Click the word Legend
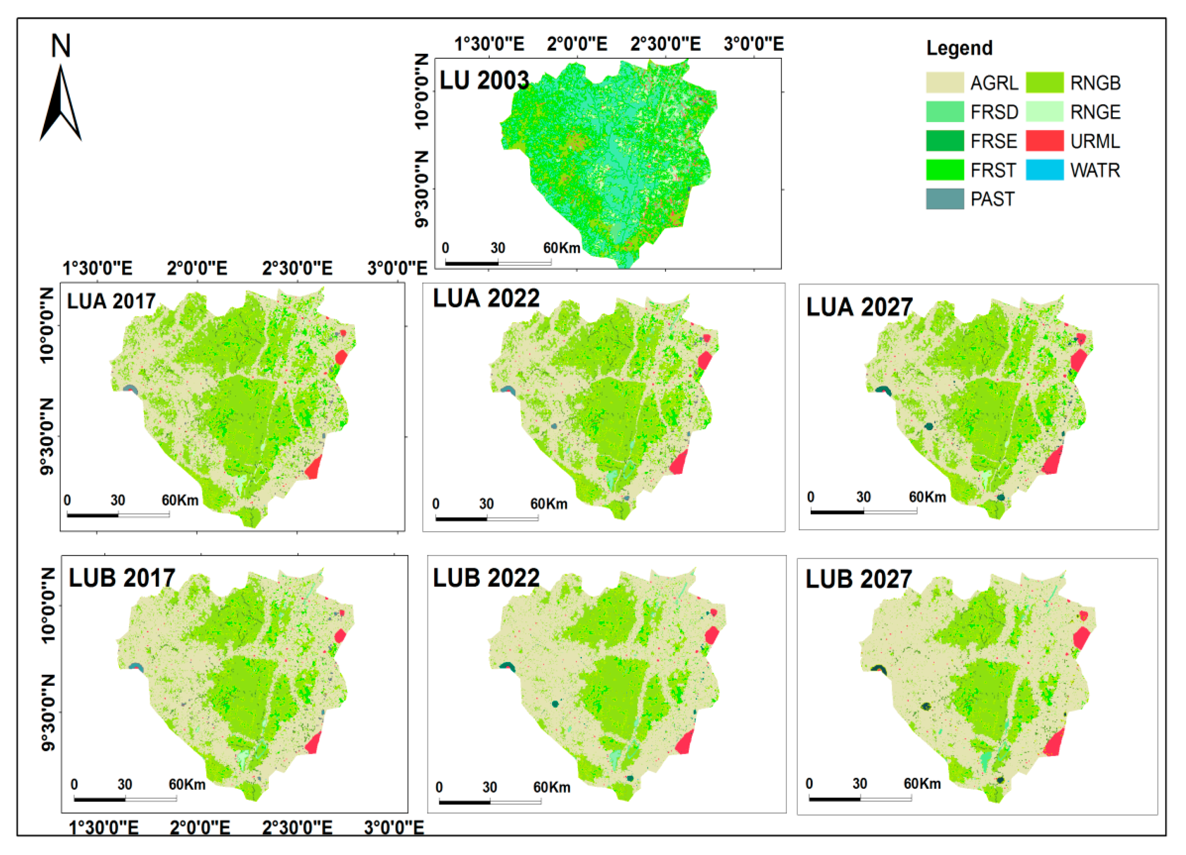(x=959, y=48)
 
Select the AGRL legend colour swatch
(x=944, y=83)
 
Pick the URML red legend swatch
(x=1044, y=141)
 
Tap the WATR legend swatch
(x=1044, y=170)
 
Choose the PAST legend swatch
(x=944, y=199)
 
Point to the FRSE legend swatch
(x=944, y=141)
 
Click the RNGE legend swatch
(x=1044, y=112)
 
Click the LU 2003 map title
(x=484, y=80)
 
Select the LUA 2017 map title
(x=111, y=301)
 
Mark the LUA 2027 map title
(x=859, y=307)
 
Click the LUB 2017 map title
(x=121, y=578)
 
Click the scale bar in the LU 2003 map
(x=498, y=262)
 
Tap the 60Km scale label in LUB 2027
(x=922, y=783)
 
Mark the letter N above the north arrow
(x=61, y=46)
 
